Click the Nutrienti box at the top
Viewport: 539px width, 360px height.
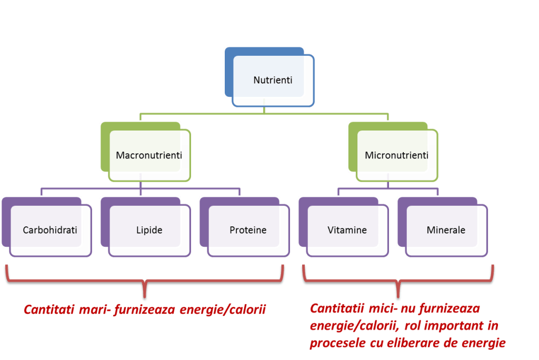(x=273, y=81)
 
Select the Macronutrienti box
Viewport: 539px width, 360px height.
(x=149, y=155)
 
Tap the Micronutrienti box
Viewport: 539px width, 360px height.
(x=396, y=155)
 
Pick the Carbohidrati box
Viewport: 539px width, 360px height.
(x=50, y=230)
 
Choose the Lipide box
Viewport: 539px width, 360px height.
(x=149, y=230)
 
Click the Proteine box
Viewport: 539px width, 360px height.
(x=248, y=230)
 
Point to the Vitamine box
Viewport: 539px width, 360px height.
(x=347, y=230)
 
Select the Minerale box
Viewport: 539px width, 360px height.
(x=446, y=230)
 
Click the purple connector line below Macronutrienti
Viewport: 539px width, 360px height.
(x=141, y=188)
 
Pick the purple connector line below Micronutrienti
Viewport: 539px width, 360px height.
(x=388, y=188)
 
